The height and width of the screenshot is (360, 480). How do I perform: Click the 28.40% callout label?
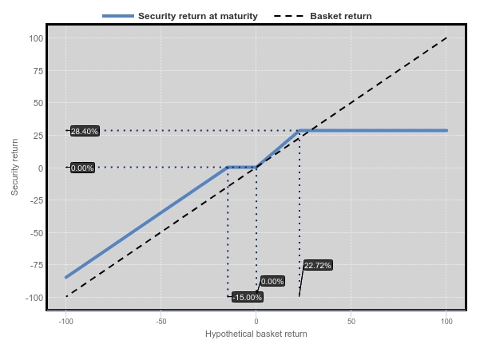coord(85,131)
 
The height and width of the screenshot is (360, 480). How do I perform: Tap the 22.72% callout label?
coord(318,265)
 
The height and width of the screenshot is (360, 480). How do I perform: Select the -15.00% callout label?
coord(248,297)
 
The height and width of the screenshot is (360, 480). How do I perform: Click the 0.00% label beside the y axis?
coord(82,168)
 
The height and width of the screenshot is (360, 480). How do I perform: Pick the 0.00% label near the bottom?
coord(272,281)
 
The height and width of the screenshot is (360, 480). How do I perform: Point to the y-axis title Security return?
coord(14,167)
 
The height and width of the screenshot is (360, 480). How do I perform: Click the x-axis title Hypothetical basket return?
coord(256,334)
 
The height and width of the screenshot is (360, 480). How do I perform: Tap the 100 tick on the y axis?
coord(36,38)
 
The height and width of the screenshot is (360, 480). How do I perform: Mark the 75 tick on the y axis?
coord(38,71)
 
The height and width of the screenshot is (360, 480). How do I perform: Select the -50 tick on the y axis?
coord(37,233)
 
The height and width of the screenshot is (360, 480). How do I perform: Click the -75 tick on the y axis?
coord(37,265)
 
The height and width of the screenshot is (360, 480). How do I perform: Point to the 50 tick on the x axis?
coord(351,322)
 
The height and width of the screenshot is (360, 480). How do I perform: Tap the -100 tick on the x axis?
coord(65,322)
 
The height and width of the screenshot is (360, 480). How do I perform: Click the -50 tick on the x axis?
coord(161,322)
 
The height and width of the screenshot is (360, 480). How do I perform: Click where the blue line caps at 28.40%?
coord(300,131)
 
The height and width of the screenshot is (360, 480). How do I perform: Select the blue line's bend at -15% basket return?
coord(228,168)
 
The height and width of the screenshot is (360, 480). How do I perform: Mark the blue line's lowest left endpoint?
coord(65,278)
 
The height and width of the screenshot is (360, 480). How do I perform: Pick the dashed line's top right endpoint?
coord(446,38)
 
